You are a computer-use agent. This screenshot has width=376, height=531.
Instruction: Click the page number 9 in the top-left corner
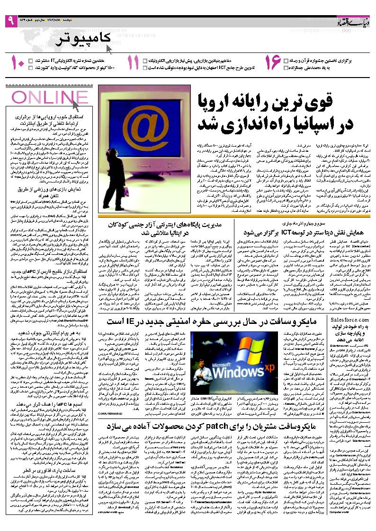click(x=10, y=21)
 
